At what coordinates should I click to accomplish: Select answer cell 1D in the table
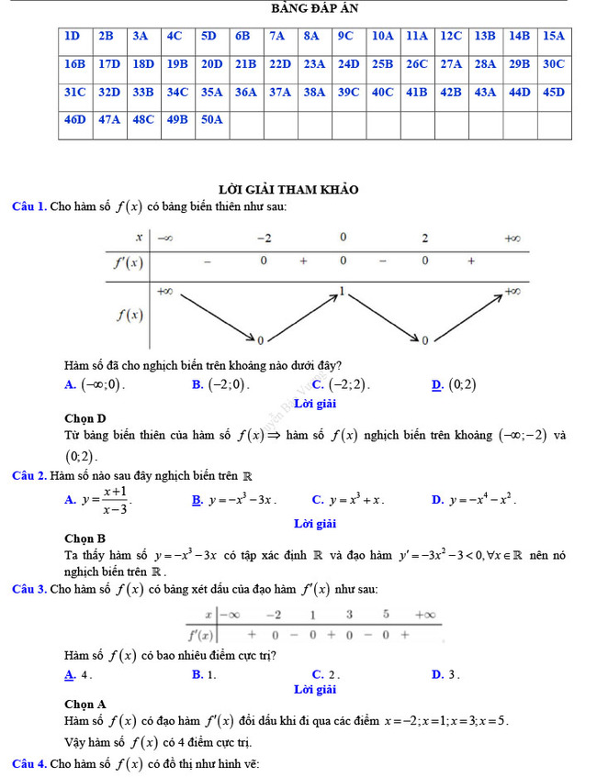73,37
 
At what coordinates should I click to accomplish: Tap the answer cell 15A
553,37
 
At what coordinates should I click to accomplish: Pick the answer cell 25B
382,64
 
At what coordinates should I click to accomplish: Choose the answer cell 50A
212,119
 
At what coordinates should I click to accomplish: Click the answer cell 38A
314,92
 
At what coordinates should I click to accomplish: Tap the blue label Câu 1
29,207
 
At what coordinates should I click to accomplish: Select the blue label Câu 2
29,475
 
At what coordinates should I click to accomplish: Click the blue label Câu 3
29,588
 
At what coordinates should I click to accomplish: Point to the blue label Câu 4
29,764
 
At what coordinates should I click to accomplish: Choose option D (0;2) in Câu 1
456,385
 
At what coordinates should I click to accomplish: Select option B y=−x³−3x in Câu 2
233,500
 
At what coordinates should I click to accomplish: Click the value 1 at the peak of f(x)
343,290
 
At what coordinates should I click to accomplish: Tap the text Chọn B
85,538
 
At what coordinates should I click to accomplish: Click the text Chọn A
85,705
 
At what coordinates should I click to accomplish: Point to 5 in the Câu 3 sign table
386,614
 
